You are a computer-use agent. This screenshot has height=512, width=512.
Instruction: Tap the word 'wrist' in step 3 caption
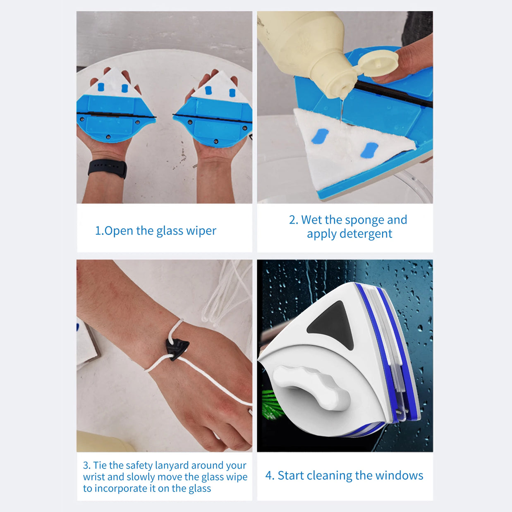pos(94,477)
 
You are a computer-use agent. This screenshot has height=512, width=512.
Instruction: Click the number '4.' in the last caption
pos(270,476)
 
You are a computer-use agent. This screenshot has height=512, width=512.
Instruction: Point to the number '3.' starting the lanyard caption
pos(87,465)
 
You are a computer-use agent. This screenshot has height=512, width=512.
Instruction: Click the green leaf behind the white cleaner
pos(269,403)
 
